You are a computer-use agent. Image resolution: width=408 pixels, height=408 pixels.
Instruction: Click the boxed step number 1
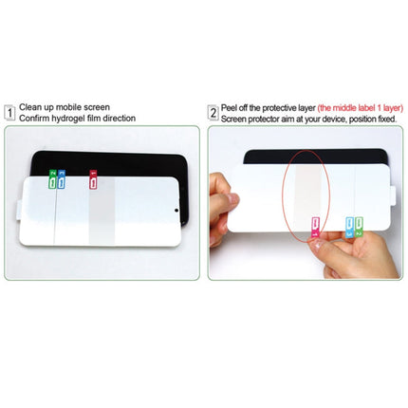tap(9, 112)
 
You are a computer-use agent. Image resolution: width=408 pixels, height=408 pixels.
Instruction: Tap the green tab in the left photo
tap(52, 177)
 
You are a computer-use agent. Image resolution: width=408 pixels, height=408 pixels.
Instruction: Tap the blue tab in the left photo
tap(62, 177)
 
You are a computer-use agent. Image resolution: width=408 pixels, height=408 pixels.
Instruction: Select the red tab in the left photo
tap(92, 177)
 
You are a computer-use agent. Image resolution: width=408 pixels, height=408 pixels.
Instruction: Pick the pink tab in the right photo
tap(314, 225)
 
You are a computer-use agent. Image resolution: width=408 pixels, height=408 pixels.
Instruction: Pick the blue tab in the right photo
tap(348, 226)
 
